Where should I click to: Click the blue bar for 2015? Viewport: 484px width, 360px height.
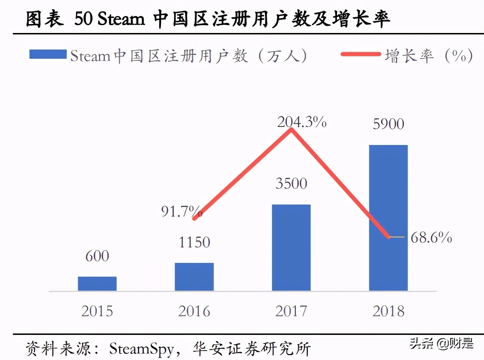[x=97, y=284]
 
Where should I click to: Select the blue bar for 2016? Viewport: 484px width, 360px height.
[x=194, y=277]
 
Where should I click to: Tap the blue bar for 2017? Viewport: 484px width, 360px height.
[x=291, y=247]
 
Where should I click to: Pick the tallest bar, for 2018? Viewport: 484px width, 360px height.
[x=388, y=218]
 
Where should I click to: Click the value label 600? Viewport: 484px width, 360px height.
[x=97, y=256]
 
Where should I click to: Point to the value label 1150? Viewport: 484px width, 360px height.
[x=194, y=242]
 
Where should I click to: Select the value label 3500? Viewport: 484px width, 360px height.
[x=291, y=184]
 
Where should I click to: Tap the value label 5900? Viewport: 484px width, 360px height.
[x=388, y=124]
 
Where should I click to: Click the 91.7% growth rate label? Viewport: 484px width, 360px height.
[x=181, y=212]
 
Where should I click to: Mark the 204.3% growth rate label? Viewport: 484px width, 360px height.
[x=302, y=122]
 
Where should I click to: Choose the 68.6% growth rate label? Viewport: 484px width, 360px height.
[x=431, y=237]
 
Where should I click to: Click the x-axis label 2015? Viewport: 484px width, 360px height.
[x=97, y=311]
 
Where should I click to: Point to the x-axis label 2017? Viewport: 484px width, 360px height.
[x=291, y=311]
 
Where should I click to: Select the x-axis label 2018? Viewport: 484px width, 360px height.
[x=388, y=311]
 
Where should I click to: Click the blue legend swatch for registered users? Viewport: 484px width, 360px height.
[x=48, y=55]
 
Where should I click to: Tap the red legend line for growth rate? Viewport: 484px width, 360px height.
[x=360, y=55]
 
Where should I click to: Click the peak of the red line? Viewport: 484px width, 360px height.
[x=291, y=129]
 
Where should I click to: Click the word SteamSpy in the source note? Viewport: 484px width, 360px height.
[x=141, y=349]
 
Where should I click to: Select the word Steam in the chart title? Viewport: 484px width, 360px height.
[x=121, y=19]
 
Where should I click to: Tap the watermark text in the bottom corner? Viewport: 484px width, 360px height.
[x=441, y=343]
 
